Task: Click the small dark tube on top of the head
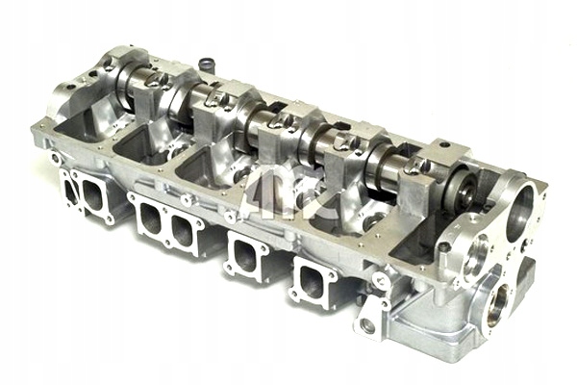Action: [x=205, y=65]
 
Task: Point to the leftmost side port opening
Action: [x=71, y=190]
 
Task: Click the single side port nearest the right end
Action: [x=314, y=280]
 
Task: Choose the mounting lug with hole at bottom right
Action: [x=367, y=324]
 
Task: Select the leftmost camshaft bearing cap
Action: [x=104, y=70]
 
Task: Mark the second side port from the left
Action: [x=94, y=196]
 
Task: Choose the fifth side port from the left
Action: [x=246, y=255]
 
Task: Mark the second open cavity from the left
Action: [x=144, y=145]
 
